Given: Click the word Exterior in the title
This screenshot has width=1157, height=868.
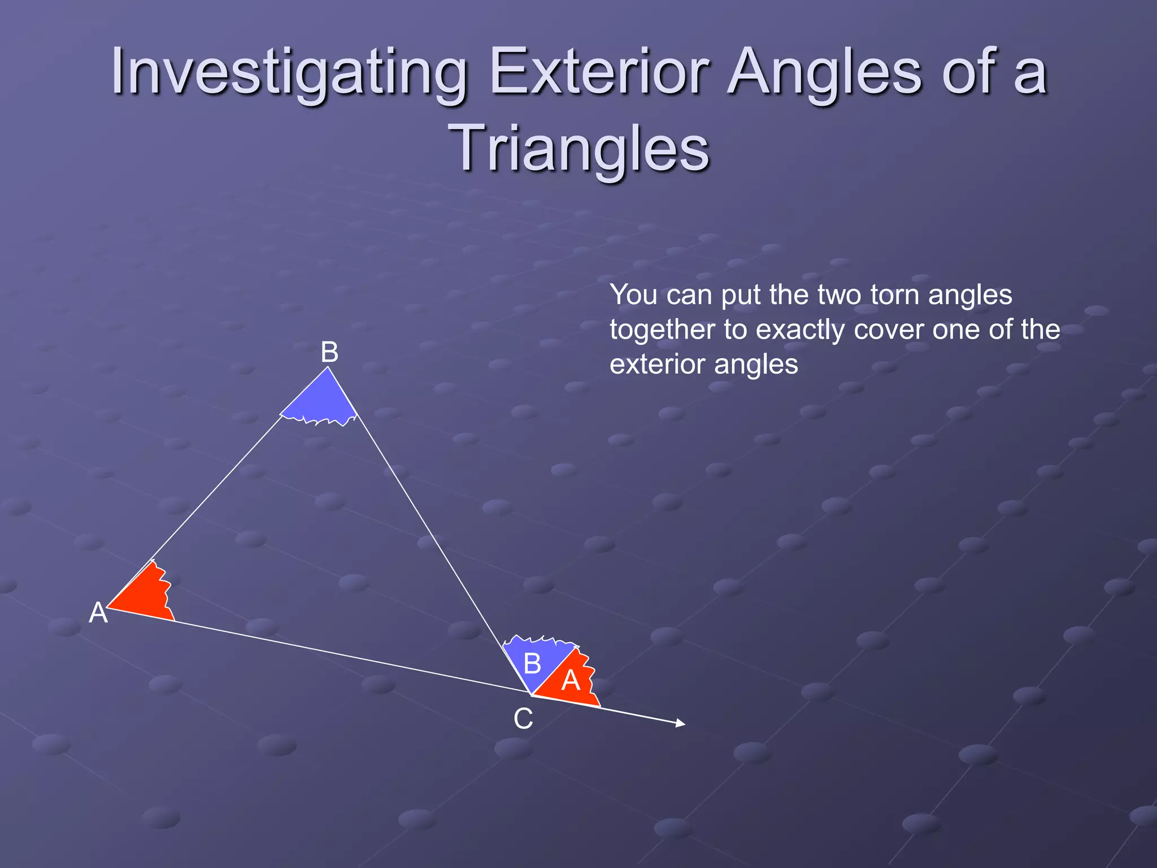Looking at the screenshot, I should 599,72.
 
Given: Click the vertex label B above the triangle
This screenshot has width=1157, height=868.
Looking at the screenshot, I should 329,353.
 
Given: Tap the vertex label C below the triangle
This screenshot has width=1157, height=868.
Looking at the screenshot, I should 523,719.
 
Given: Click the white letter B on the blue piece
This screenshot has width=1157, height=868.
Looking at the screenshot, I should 532,663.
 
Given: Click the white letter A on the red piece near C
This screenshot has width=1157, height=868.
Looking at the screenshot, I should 571,680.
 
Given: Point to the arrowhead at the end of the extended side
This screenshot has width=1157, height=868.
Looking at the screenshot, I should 681,723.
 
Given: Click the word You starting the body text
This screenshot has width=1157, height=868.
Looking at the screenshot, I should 633,295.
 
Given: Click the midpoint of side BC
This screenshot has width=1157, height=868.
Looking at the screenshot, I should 429,531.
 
